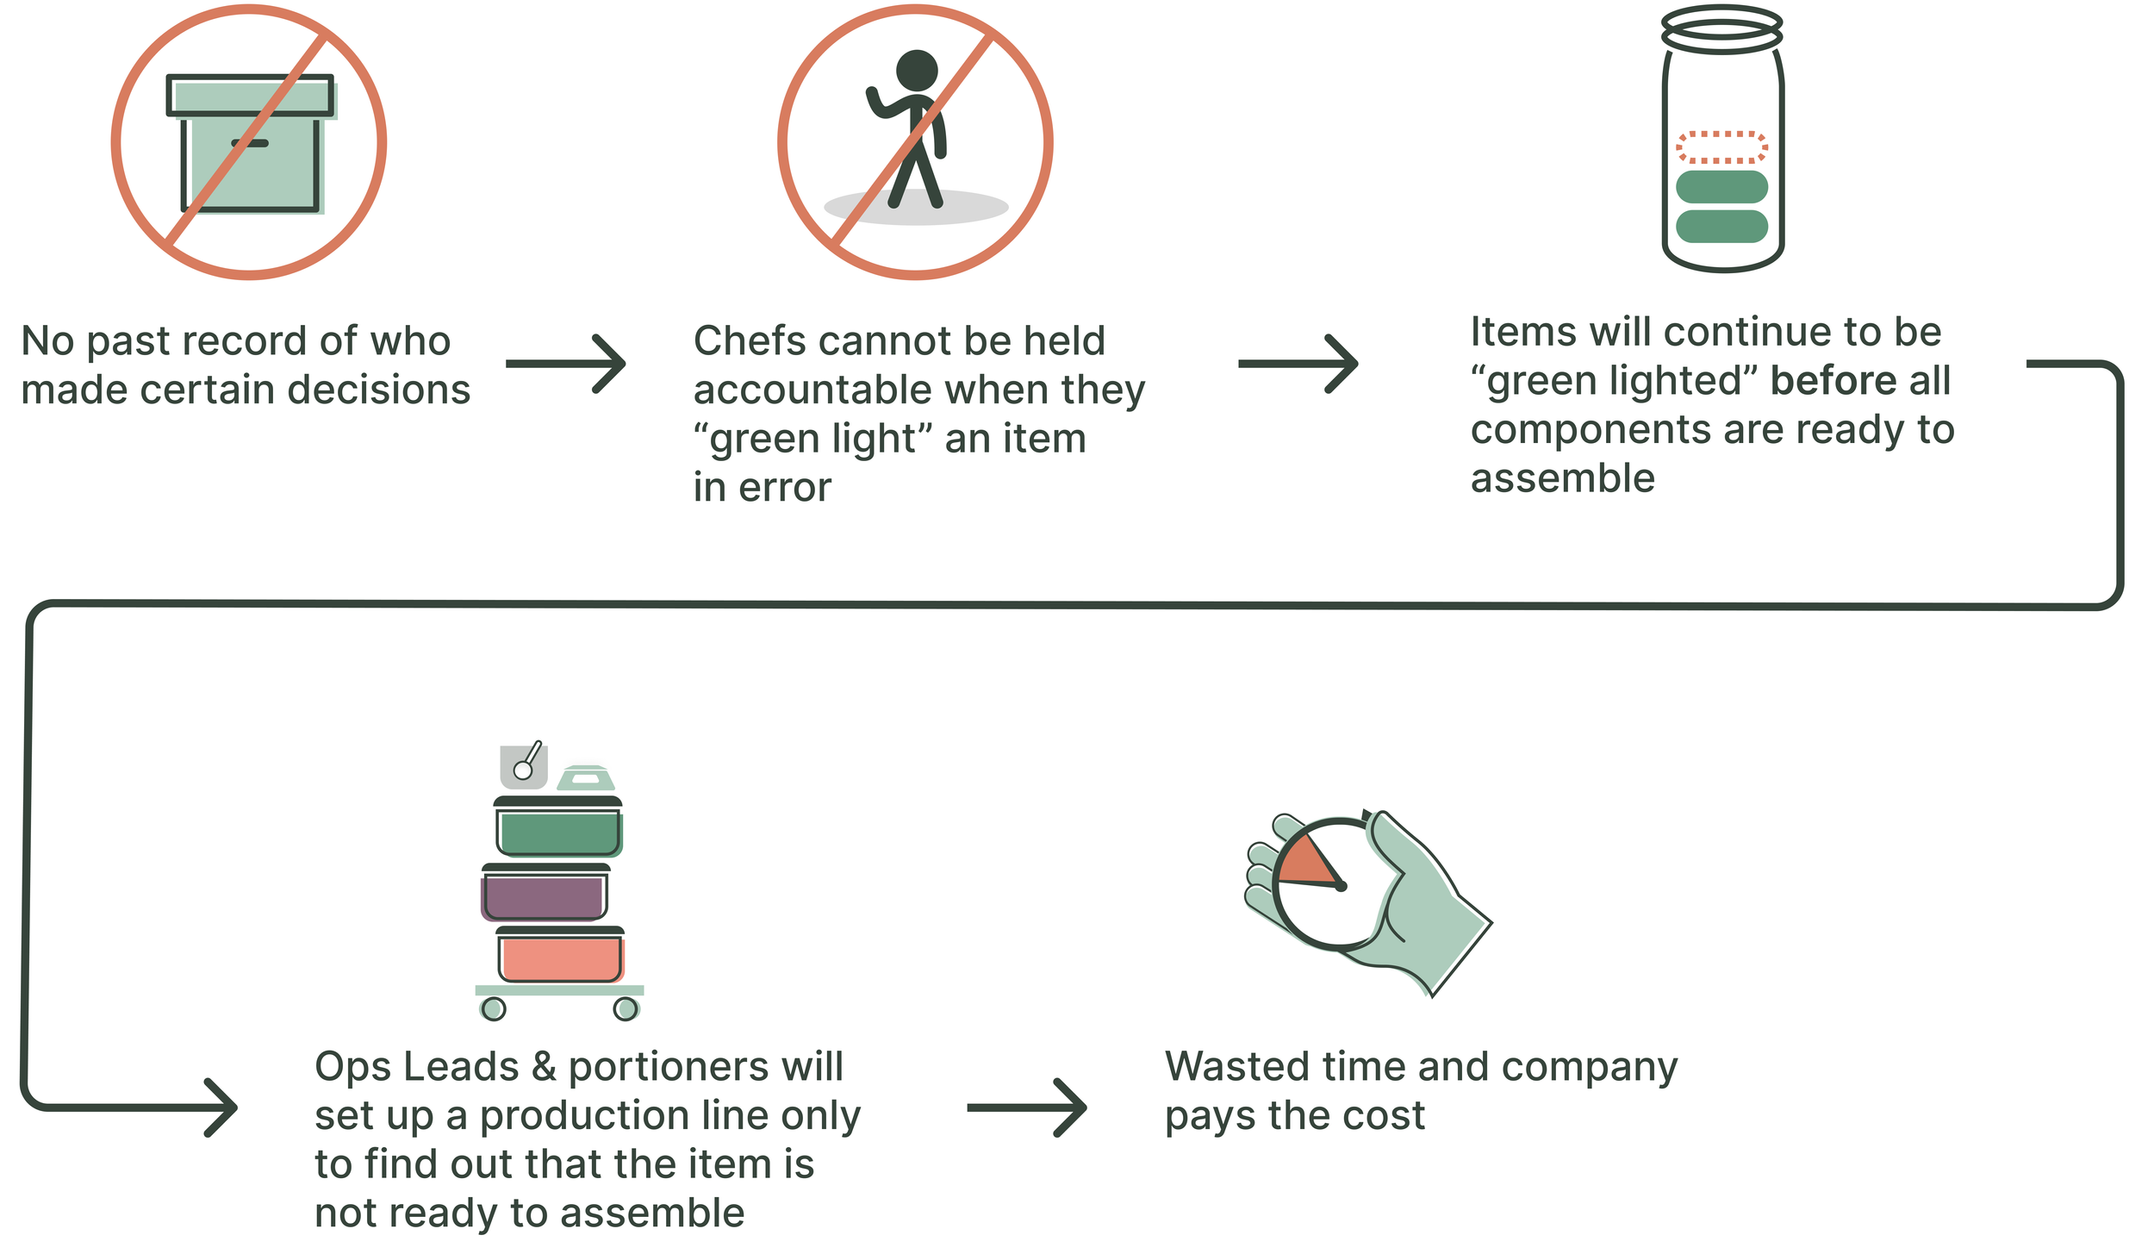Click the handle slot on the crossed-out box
point(250,143)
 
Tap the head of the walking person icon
point(916,70)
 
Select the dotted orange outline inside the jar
point(1721,147)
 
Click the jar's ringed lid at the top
point(1721,28)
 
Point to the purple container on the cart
point(545,896)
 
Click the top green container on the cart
point(559,833)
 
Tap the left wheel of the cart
point(494,1008)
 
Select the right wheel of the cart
point(626,1008)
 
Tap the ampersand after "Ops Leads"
point(544,1067)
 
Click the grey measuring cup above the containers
point(524,765)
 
